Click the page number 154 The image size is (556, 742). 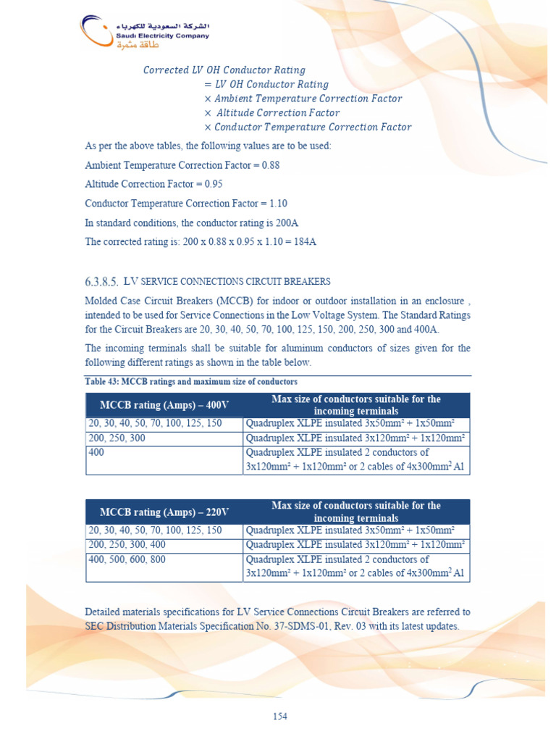click(280, 717)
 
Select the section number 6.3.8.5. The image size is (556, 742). click(101, 281)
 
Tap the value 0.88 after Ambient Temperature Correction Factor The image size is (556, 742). click(270, 165)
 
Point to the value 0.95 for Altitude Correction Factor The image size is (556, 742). click(213, 184)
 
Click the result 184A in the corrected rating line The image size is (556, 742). click(303, 241)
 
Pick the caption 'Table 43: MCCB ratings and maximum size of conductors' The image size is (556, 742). click(191, 381)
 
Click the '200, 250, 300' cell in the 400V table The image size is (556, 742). click(118, 438)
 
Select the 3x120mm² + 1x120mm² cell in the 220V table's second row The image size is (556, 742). click(355, 545)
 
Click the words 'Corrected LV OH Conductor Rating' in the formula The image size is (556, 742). click(224, 70)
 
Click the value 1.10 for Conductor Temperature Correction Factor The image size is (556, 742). click(278, 204)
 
